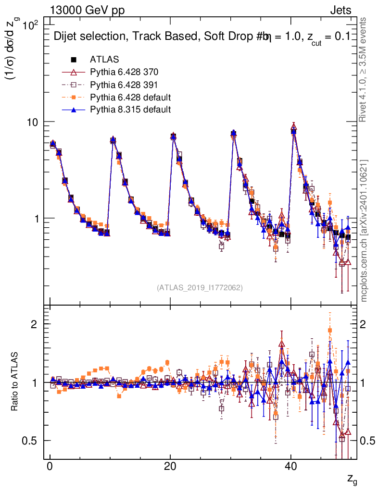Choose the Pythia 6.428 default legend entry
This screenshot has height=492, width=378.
point(130,97)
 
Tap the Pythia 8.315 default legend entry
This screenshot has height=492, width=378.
point(130,110)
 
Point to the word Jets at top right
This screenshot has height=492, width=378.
point(340,10)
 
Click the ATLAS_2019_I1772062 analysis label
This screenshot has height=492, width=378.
point(199,288)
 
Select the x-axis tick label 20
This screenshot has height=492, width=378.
point(170,467)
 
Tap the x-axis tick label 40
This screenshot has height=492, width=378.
point(290,467)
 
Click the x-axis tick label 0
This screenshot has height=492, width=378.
point(50,467)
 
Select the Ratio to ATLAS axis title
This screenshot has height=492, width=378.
point(15,382)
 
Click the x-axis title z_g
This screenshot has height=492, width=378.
point(352,479)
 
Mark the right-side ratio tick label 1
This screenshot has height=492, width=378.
point(364,382)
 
